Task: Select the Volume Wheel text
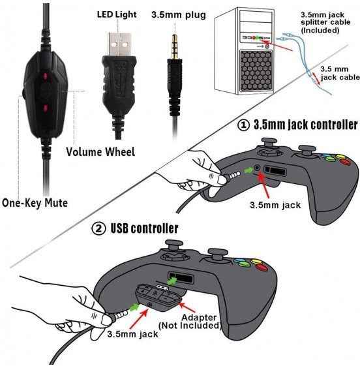click(x=100, y=152)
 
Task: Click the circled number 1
click(x=243, y=125)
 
